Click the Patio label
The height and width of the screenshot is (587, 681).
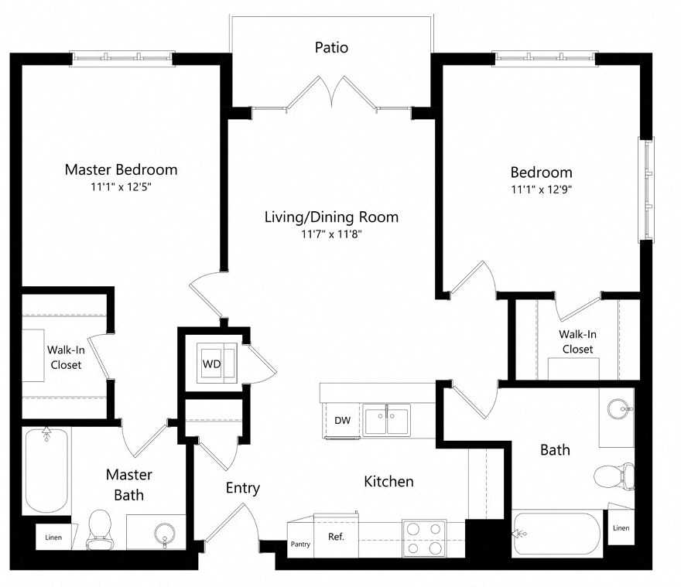tap(331, 48)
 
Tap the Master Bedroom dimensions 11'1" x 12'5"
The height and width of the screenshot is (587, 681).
tap(121, 187)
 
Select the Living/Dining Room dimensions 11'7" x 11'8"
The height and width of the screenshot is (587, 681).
tap(331, 234)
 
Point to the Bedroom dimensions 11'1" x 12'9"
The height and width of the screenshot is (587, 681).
tap(541, 189)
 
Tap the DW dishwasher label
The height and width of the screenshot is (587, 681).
tap(343, 421)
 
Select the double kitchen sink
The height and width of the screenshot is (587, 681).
tap(388, 421)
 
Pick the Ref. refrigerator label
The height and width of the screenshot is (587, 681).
tap(336, 536)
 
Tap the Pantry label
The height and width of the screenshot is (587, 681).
tap(300, 544)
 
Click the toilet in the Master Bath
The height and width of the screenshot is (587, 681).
tap(99, 530)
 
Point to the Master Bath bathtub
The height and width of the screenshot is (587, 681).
tap(47, 472)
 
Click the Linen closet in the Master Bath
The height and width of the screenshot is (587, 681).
tap(53, 537)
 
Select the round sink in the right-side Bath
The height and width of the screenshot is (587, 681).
tap(617, 409)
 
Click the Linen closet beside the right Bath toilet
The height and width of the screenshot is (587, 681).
tap(621, 527)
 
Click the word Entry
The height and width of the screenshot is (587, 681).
tap(242, 489)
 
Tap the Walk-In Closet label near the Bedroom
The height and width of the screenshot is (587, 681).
tap(577, 342)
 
